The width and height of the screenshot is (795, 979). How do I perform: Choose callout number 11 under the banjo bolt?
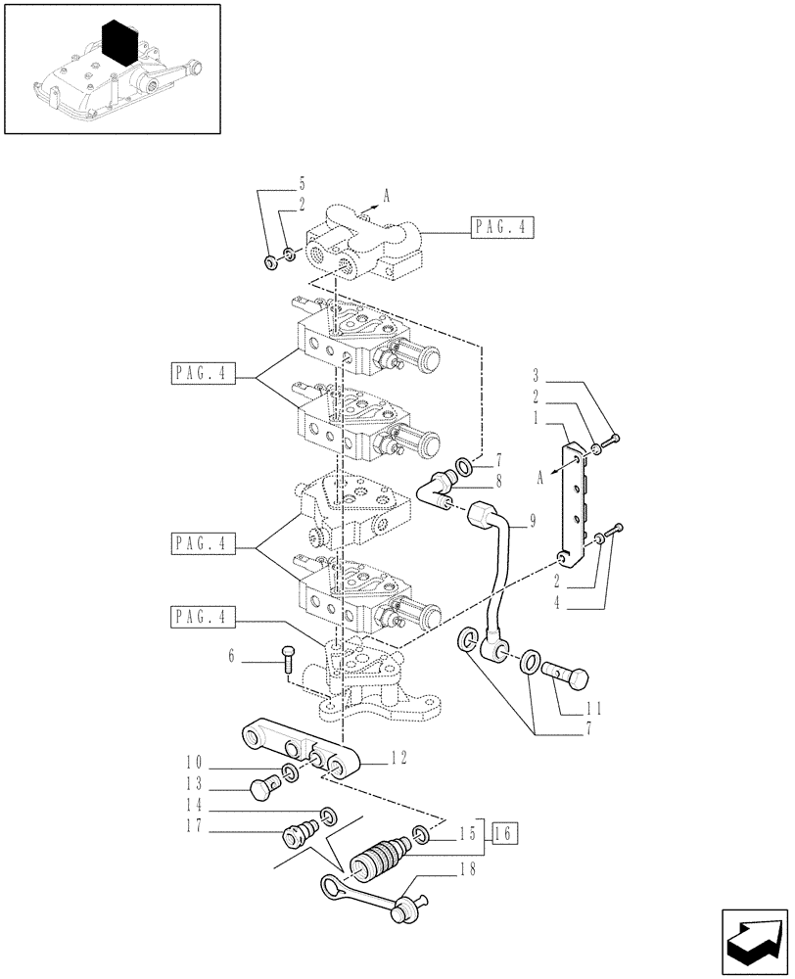click(x=591, y=709)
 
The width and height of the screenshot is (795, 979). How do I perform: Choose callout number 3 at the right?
click(x=537, y=376)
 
